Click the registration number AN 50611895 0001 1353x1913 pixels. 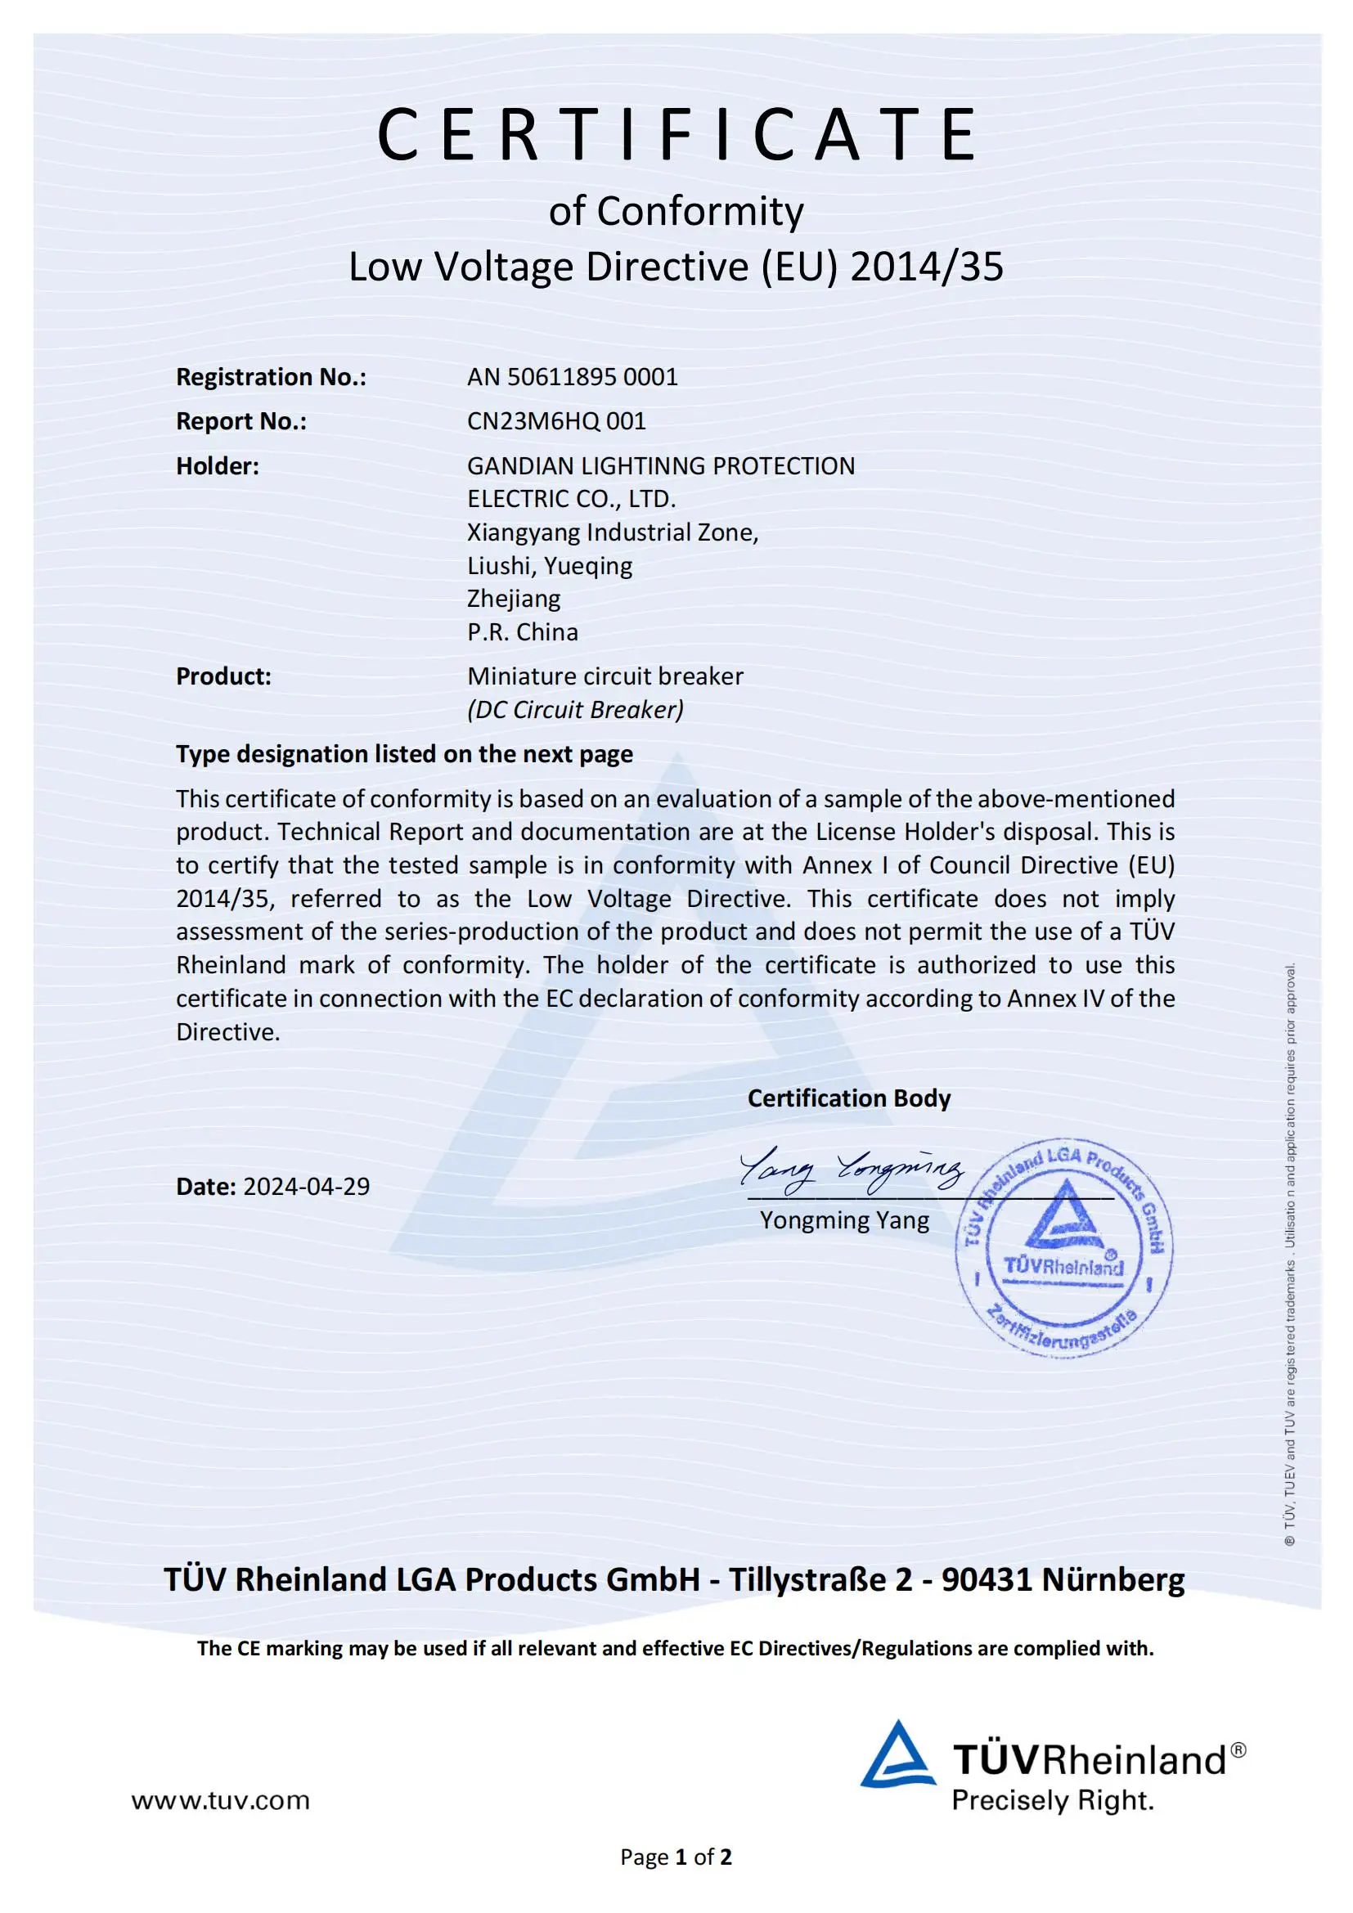[573, 376]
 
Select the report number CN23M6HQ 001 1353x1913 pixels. [556, 420]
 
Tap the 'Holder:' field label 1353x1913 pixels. [218, 465]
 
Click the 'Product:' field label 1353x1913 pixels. [223, 676]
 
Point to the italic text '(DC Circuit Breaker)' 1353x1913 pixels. [576, 709]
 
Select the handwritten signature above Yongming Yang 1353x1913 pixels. [851, 1169]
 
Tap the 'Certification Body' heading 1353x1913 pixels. [848, 1098]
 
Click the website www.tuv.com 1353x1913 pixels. [221, 1800]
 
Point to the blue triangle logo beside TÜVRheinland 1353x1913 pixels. [897, 1756]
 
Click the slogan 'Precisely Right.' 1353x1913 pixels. [1053, 1800]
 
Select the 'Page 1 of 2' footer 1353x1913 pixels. [676, 1857]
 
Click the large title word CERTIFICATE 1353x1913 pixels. [676, 135]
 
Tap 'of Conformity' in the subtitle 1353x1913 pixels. [676, 211]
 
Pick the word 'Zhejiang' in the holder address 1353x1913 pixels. [513, 598]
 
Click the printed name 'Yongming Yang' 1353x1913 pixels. [844, 1219]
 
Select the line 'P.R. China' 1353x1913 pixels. [523, 631]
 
